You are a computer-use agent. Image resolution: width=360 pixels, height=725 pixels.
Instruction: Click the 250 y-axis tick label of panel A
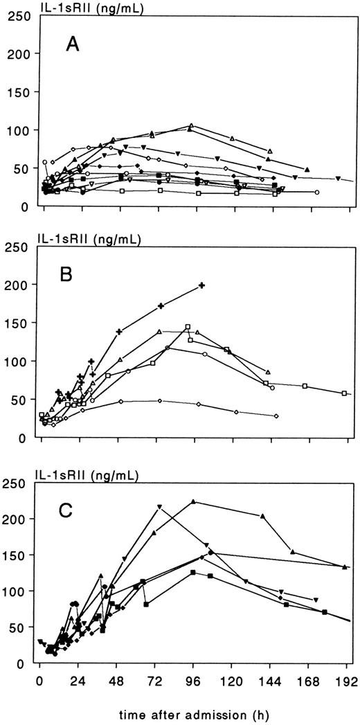(17, 16)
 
